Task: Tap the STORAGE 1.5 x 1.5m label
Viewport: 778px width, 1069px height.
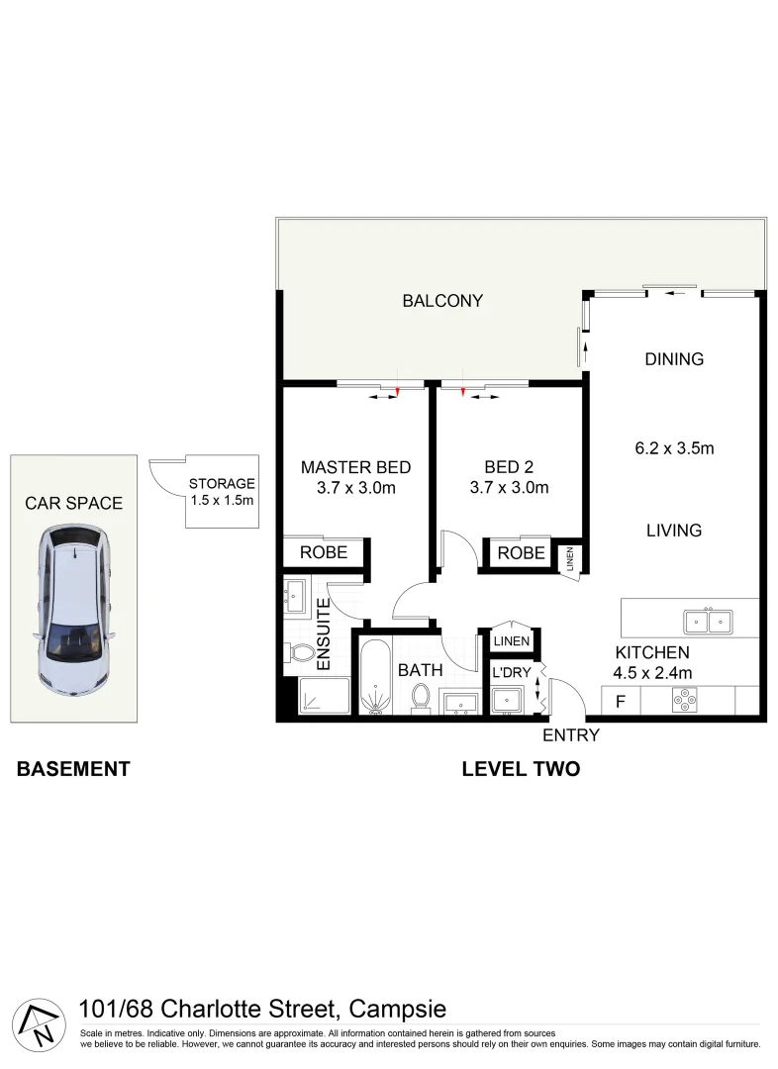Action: [x=222, y=492]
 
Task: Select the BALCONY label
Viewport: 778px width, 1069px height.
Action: [x=442, y=301]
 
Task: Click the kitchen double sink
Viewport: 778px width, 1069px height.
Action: [x=708, y=622]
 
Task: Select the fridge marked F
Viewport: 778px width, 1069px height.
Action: [x=621, y=703]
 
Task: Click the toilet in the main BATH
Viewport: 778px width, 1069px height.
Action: [x=421, y=696]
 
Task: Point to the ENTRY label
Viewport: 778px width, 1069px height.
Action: [x=571, y=735]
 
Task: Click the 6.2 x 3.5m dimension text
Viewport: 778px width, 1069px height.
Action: [x=674, y=447]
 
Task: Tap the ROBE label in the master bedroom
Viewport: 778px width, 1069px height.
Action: [x=323, y=552]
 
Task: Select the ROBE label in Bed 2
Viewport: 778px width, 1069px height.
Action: [x=521, y=553]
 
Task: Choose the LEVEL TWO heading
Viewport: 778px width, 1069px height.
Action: [x=521, y=769]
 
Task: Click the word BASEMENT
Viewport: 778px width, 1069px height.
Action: [x=73, y=769]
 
